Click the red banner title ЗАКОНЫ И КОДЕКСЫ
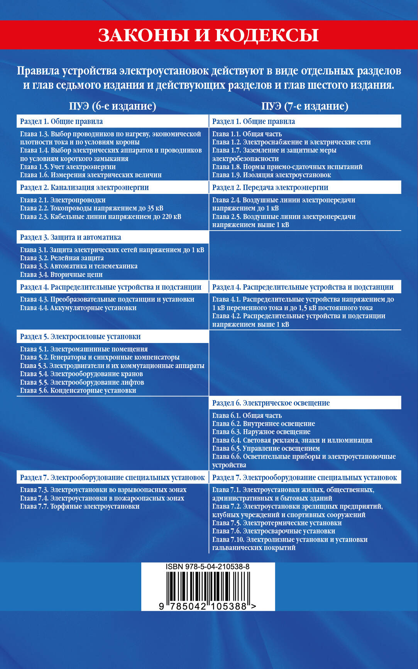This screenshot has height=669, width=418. [x=208, y=35]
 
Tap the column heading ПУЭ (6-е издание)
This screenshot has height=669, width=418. [x=112, y=106]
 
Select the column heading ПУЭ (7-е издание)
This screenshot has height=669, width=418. [x=305, y=106]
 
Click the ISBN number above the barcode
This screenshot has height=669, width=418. [x=208, y=567]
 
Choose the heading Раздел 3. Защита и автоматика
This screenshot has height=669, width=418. [x=71, y=237]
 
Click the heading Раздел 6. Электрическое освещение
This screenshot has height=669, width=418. [x=271, y=403]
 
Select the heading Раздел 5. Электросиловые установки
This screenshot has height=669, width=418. [x=80, y=336]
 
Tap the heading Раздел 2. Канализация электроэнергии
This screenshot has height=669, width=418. [x=85, y=187]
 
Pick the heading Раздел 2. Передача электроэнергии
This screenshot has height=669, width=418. [x=270, y=187]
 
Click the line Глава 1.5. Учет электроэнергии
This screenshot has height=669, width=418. [x=68, y=167]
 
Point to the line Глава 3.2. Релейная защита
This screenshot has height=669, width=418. [x=62, y=258]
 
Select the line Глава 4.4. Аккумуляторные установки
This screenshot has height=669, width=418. [x=78, y=308]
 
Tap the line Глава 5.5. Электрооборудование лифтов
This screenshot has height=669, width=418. [x=82, y=382]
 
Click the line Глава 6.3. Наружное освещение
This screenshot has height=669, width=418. [x=261, y=432]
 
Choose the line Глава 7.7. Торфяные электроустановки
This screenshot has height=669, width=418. [x=80, y=506]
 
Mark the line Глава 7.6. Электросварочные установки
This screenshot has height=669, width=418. [x=274, y=531]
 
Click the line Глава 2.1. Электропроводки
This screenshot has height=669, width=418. [x=63, y=200]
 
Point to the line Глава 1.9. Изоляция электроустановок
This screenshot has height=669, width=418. [x=272, y=175]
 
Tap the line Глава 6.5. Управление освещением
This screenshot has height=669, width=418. [x=266, y=448]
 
